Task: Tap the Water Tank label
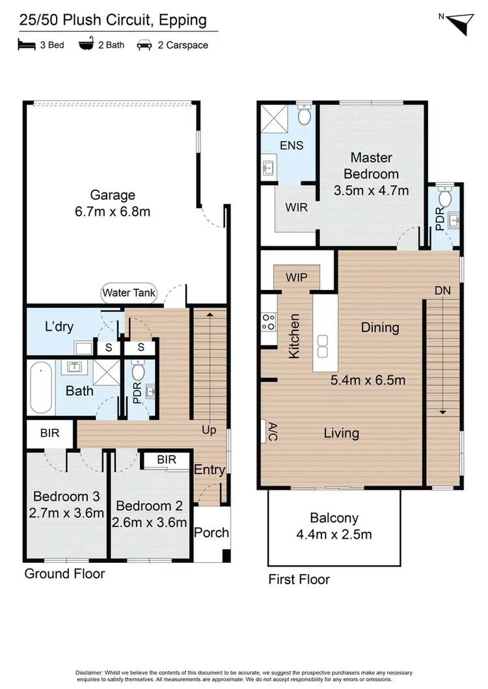coord(129,293)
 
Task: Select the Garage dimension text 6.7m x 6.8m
coord(113,212)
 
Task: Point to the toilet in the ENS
coord(305,117)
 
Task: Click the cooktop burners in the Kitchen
coord(267,320)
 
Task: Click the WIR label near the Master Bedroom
coord(295,208)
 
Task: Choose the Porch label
coord(211,532)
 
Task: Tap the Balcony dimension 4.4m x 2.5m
coord(333,535)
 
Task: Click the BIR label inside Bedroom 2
coord(167,460)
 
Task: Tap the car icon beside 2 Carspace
coord(144,45)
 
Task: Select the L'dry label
coord(59,327)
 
